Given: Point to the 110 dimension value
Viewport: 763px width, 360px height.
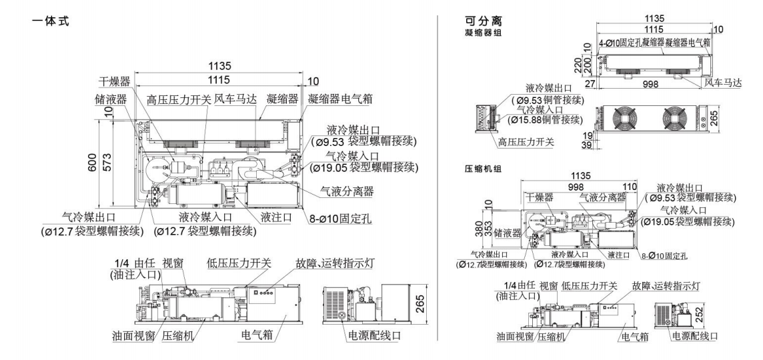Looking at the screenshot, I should coord(632,187).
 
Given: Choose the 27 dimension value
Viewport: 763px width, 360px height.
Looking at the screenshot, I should coord(589,84).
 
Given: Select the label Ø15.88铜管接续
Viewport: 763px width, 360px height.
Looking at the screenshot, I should coord(548,120).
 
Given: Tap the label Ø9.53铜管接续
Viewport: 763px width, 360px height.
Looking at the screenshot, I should coord(548,100).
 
